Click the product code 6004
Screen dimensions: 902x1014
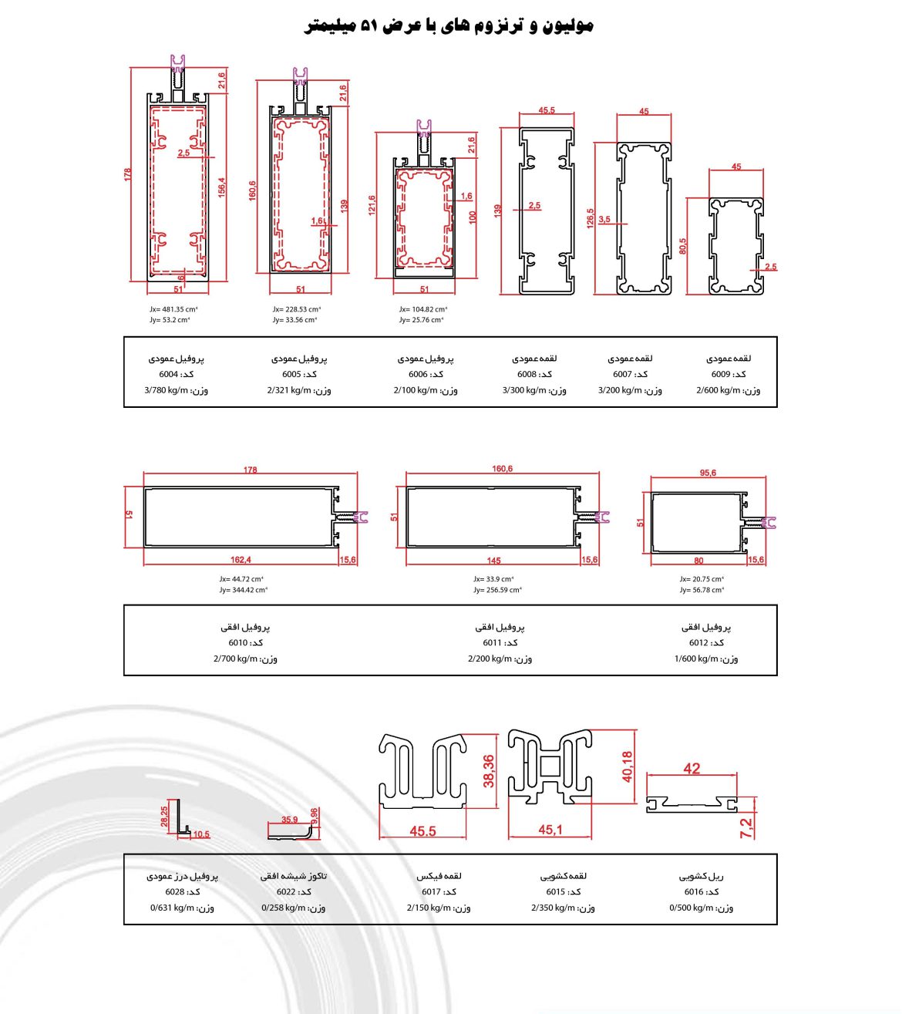point(169,374)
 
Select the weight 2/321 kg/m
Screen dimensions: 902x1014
point(289,390)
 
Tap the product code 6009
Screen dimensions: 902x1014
point(721,374)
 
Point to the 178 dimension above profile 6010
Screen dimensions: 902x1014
point(251,470)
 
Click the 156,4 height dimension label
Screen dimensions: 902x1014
point(222,187)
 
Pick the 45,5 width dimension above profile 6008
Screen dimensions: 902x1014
point(547,110)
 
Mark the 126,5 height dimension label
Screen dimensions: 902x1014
point(590,219)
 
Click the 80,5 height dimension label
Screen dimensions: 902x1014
point(683,246)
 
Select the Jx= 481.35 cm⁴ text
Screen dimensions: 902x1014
point(173,309)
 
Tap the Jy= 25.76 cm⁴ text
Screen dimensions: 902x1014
point(422,320)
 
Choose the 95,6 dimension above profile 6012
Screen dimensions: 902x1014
point(708,473)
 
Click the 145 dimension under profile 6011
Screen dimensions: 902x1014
point(494,561)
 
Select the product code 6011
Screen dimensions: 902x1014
point(492,642)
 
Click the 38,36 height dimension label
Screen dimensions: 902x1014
point(489,771)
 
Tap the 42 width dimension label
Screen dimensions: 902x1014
point(692,768)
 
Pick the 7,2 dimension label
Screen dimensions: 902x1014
point(745,828)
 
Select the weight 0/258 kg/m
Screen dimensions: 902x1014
point(283,908)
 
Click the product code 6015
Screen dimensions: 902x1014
point(556,891)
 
